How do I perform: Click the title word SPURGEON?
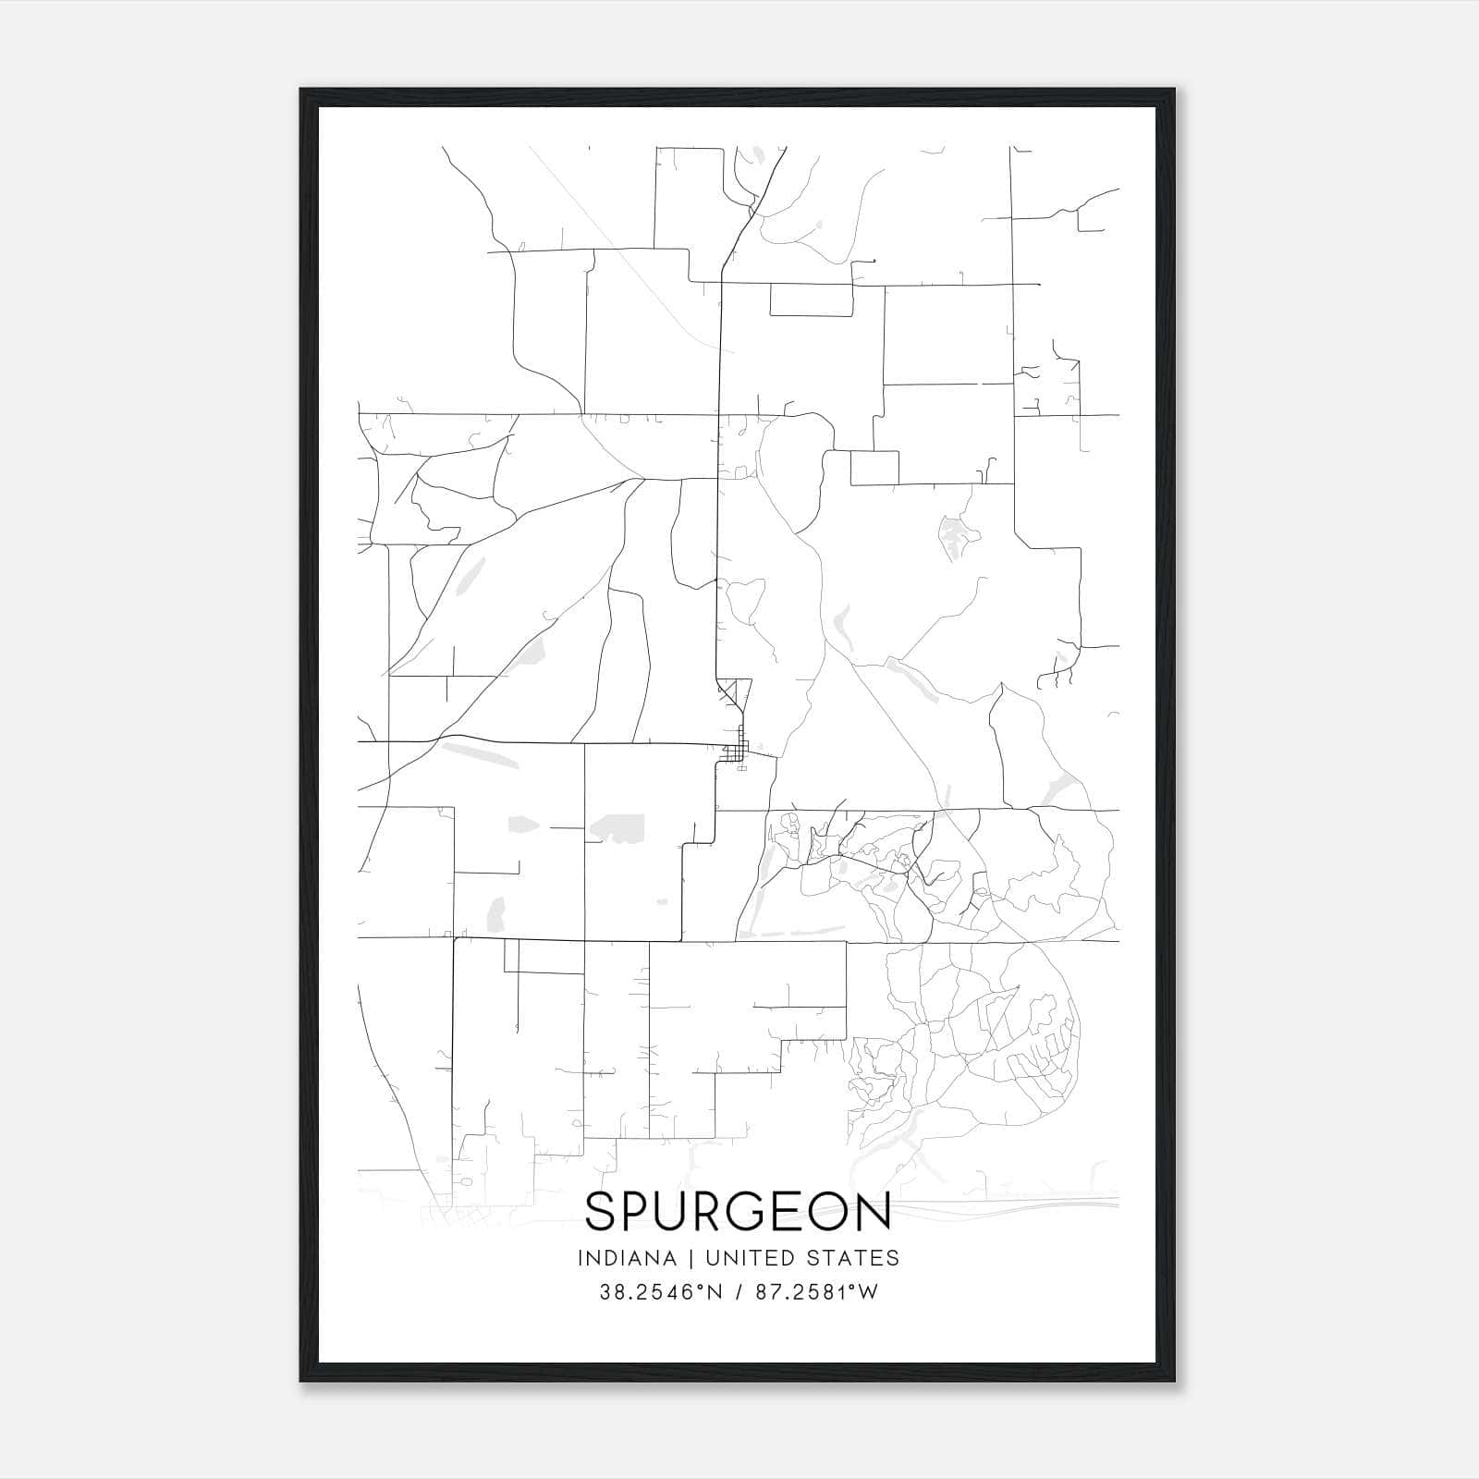tap(738, 1211)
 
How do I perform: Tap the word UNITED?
tap(749, 1258)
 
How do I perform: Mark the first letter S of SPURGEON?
tap(601, 1211)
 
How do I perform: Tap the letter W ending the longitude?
tap(867, 1292)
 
